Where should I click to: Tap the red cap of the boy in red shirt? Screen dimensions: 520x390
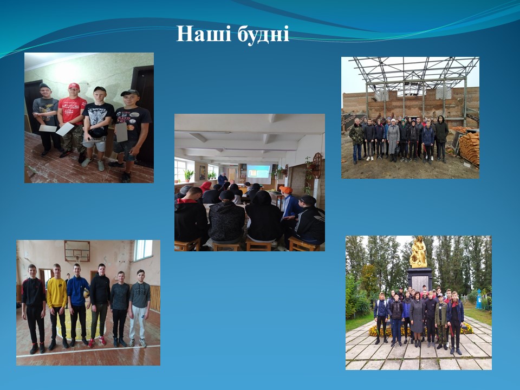pos(74,86)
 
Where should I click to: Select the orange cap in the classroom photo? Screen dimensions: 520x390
pos(285,190)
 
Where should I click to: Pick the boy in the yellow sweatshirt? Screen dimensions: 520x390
pos(57,306)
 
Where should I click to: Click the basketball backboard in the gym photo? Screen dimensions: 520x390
pos(77,251)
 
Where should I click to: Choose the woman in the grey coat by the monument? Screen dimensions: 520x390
pos(417,316)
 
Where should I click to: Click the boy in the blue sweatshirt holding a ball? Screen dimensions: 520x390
pos(78,304)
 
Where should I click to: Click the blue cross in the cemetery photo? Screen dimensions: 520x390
pos(478,299)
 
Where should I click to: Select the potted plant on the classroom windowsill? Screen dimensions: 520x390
pos(188,175)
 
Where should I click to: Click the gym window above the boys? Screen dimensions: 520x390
pos(143,250)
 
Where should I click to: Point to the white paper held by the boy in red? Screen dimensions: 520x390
pos(65,129)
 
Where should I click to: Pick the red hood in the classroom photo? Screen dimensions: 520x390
pos(206,186)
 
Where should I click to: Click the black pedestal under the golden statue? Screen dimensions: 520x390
pos(419,279)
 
